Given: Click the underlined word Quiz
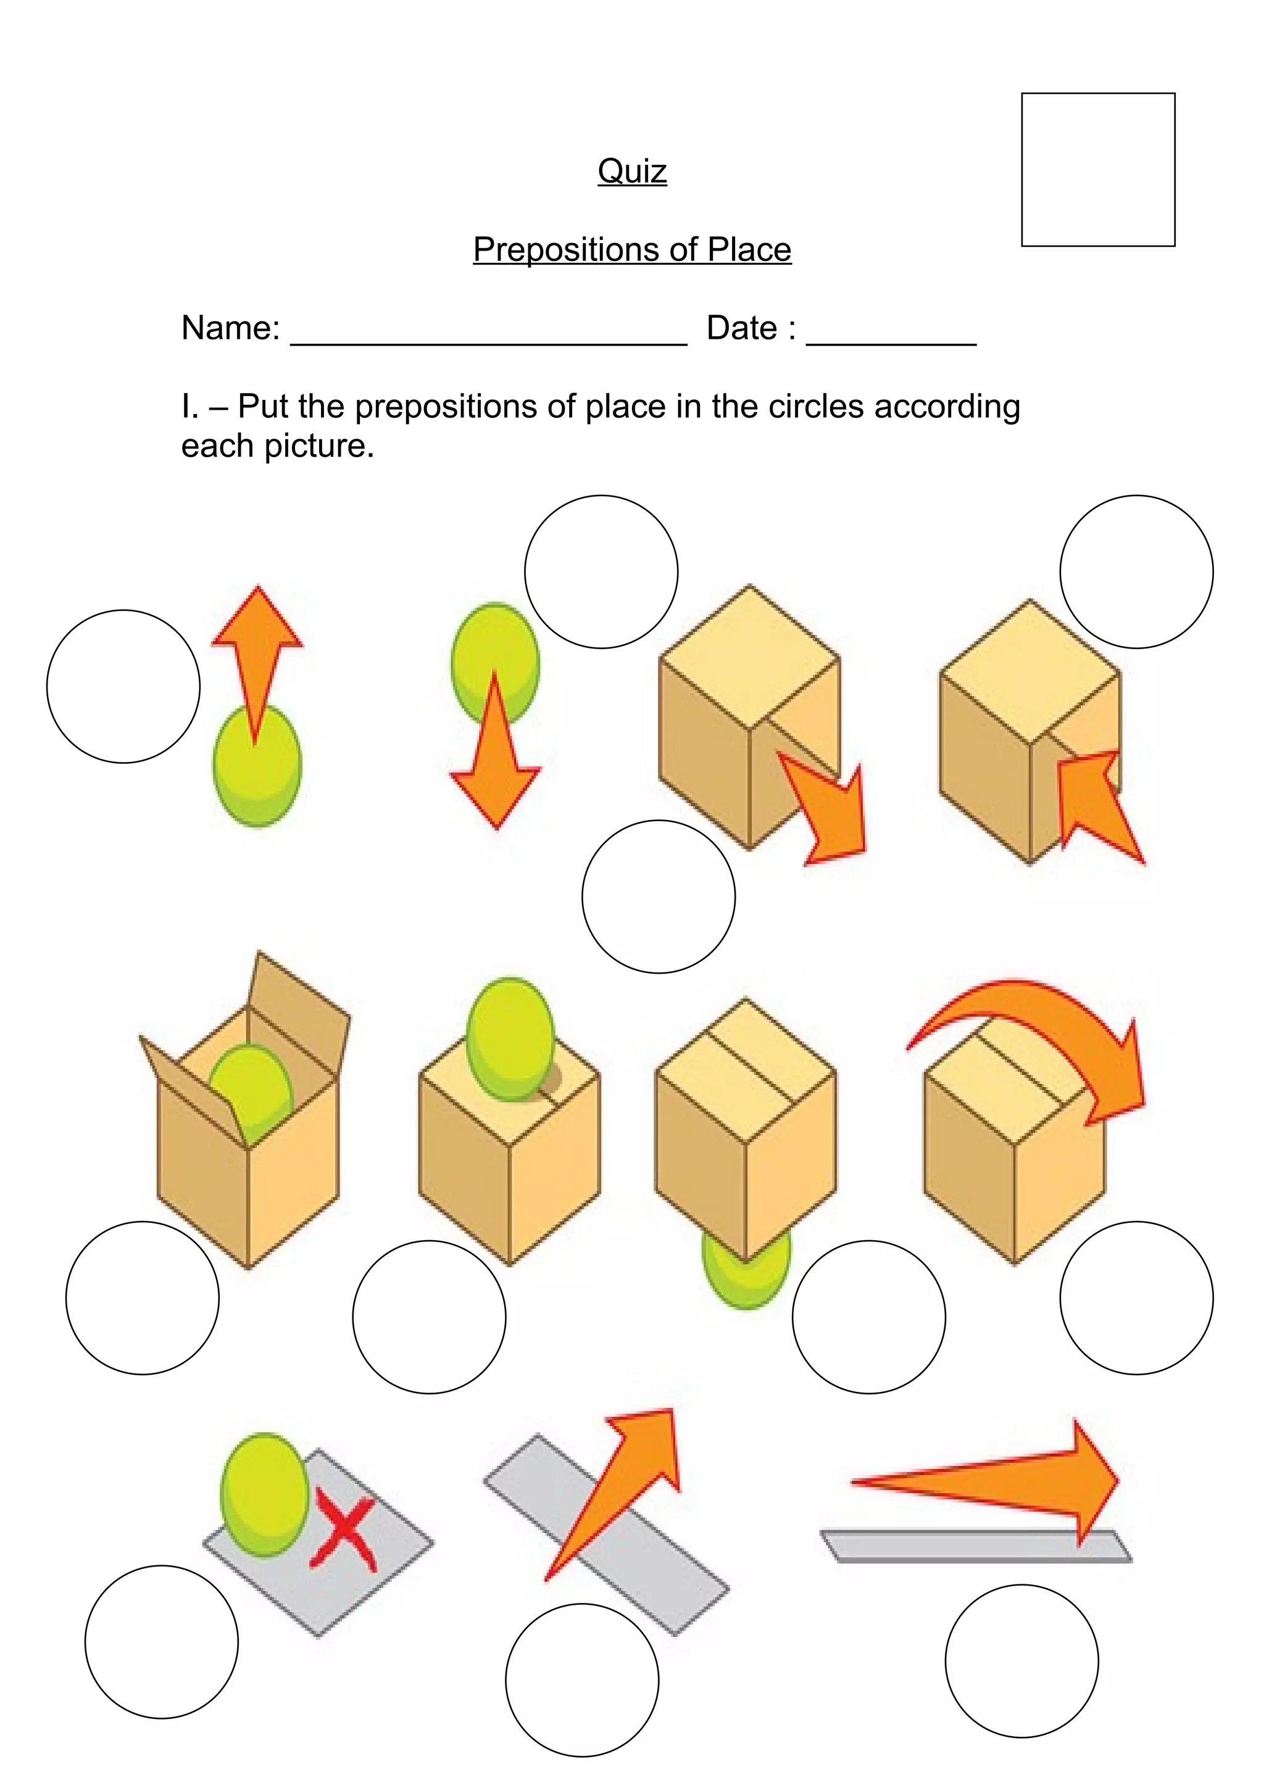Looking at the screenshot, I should [631, 172].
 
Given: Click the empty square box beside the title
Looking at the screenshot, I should [1097, 170].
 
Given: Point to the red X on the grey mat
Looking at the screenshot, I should [345, 1533].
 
